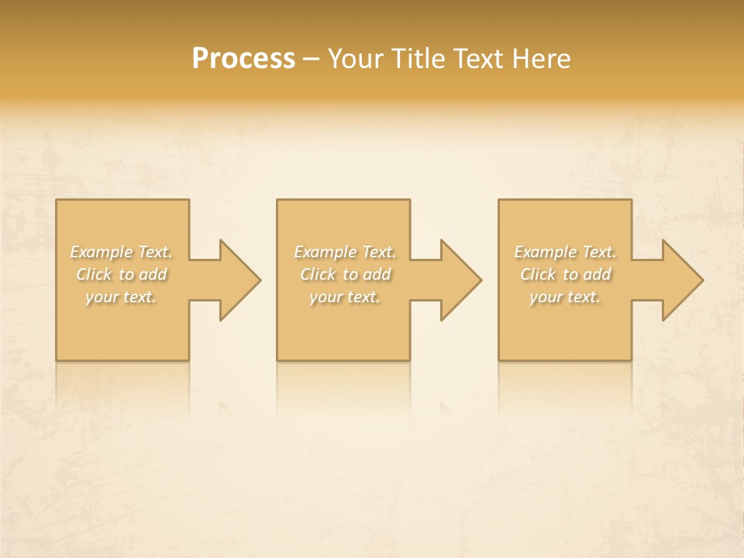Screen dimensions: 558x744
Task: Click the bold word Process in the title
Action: [x=243, y=59]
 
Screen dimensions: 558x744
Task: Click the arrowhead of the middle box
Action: [x=460, y=281]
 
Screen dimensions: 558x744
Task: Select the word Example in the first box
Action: [x=102, y=252]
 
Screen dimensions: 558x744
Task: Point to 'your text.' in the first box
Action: [x=121, y=297]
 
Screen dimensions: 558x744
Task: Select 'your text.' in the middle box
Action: [x=344, y=297]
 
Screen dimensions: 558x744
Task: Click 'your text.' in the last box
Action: [x=564, y=297]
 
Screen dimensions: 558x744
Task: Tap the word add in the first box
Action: [x=153, y=274]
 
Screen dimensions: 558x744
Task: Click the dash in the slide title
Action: [x=312, y=59]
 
